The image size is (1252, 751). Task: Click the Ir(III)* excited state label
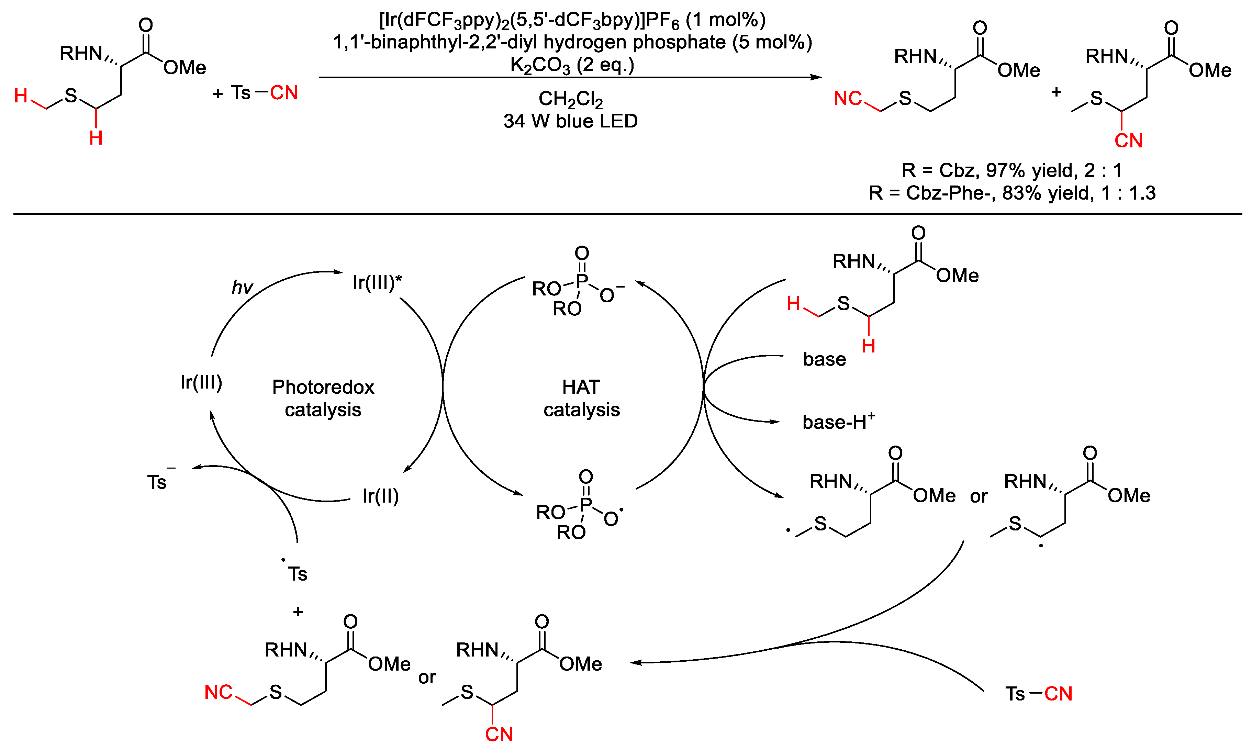click(x=377, y=282)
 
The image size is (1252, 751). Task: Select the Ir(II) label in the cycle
click(x=381, y=496)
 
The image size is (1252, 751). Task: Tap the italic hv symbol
click(x=242, y=288)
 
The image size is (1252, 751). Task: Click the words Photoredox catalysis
click(x=323, y=398)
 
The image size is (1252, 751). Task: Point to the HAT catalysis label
click(x=581, y=398)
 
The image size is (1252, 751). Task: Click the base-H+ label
click(x=838, y=422)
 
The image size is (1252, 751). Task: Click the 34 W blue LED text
click(x=570, y=122)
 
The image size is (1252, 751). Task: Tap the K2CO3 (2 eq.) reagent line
click(x=572, y=65)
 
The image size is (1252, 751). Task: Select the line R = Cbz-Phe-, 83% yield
click(x=1012, y=193)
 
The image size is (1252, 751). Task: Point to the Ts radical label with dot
click(x=296, y=573)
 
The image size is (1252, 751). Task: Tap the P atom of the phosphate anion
click(x=582, y=281)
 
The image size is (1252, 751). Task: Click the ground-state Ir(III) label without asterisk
click(x=201, y=382)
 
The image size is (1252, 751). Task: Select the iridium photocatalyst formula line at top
click(x=572, y=20)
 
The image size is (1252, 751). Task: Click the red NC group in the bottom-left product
click(x=218, y=692)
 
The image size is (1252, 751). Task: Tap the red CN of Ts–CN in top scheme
click(x=284, y=93)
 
